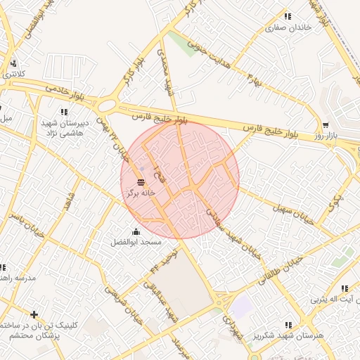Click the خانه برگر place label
point(141,192)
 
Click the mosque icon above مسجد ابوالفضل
point(136,232)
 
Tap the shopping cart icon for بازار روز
point(325,124)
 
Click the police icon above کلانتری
point(13,63)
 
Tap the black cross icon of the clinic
point(34,314)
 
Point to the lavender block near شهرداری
point(243,306)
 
